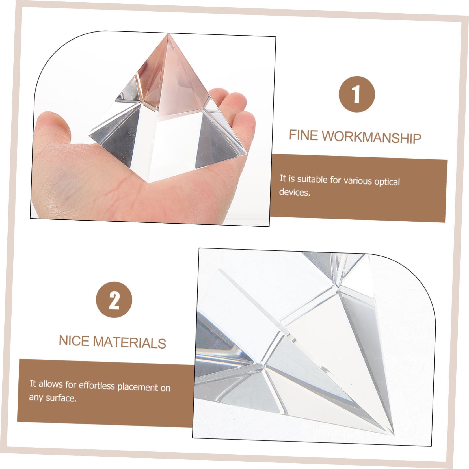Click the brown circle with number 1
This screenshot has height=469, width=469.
[357, 94]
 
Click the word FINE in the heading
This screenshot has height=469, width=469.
[304, 135]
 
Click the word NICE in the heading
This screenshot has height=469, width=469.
[74, 341]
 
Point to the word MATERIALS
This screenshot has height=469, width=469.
[129, 342]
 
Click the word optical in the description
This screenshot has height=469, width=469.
[387, 181]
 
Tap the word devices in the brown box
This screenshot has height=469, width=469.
[294, 192]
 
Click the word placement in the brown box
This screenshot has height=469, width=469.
[138, 387]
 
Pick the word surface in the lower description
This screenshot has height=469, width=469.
[61, 398]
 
